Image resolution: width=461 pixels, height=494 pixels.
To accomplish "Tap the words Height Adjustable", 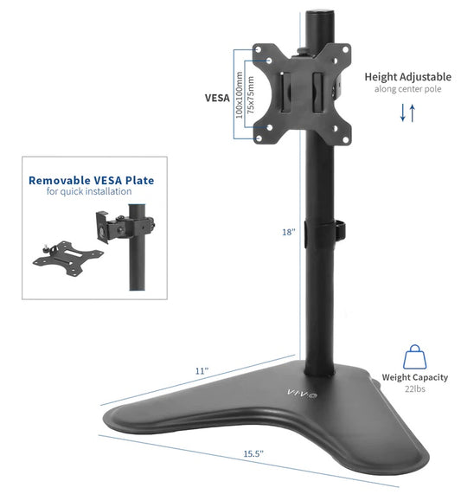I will [407, 77].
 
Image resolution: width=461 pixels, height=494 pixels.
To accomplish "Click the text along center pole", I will [407, 89].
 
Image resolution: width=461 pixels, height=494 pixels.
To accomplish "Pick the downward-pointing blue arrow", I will [402, 112].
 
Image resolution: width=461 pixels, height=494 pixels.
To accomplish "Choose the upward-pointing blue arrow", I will [413, 112].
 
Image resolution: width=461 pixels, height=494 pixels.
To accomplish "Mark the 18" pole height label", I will [289, 232].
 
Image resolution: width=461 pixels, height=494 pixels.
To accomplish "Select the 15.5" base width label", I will [252, 453].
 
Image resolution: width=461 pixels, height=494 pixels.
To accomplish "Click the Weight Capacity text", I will [414, 377].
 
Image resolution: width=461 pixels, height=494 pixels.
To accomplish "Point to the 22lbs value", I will [414, 389].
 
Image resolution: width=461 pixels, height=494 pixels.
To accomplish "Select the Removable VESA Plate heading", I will [91, 181].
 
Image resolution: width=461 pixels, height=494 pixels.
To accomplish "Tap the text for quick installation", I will [91, 192].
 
